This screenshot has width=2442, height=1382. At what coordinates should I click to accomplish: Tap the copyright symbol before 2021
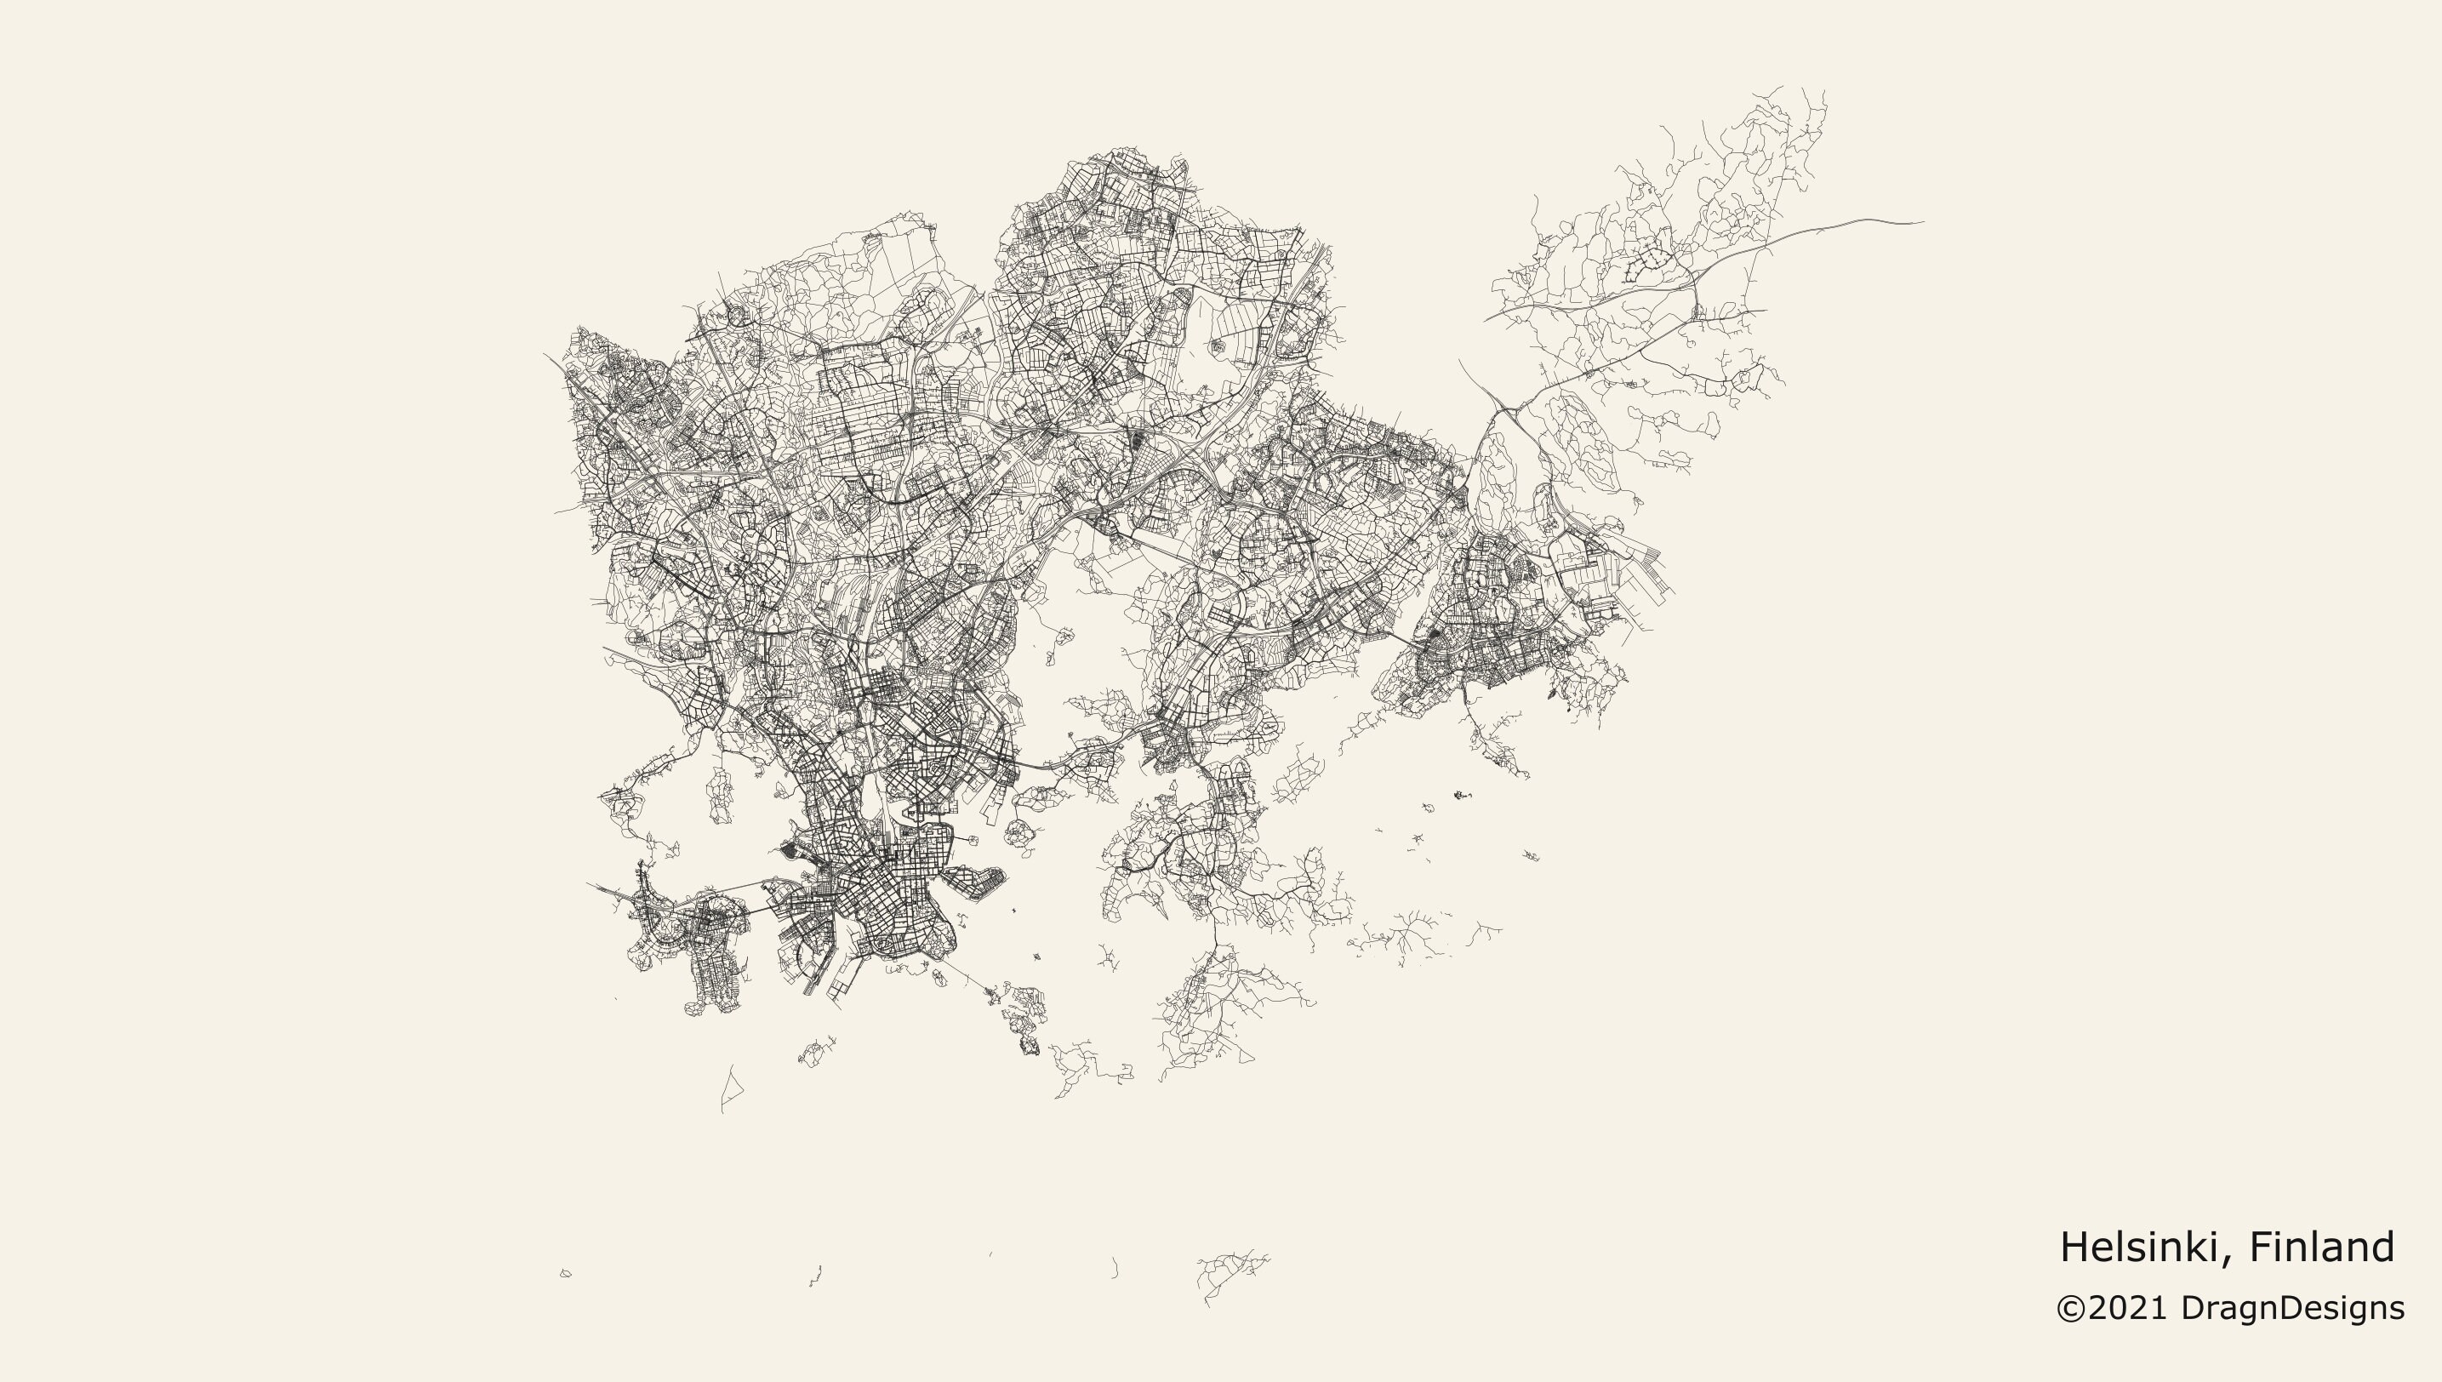[2071, 1309]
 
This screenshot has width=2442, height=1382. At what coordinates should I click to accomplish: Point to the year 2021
[2129, 1309]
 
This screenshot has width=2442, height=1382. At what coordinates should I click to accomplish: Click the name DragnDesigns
[2292, 1309]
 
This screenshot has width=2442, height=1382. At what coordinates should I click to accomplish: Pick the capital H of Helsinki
[2074, 1248]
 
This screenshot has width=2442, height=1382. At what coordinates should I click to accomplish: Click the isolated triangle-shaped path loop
[732, 1087]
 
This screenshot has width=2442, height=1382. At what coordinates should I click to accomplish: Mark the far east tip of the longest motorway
[1923, 222]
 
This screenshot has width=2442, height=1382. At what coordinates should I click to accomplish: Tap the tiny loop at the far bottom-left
[566, 1274]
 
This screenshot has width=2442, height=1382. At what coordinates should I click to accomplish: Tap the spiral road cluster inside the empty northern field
[1217, 347]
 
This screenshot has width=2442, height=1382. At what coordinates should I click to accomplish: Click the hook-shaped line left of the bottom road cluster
[1115, 1268]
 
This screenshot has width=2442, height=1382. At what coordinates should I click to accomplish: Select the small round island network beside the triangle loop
[813, 1052]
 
